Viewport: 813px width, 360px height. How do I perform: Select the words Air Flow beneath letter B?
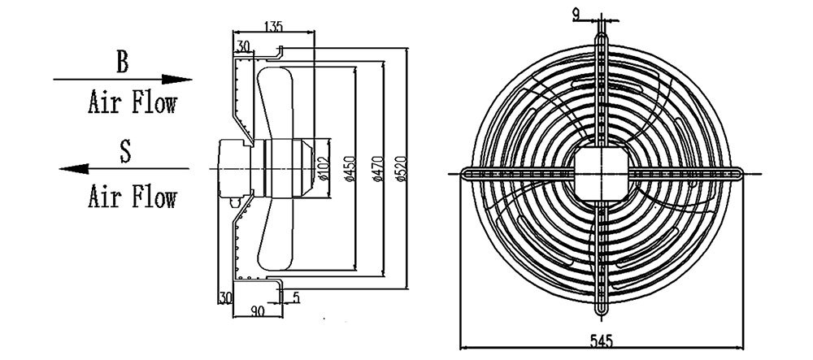pos(132,104)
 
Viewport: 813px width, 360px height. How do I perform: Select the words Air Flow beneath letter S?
pos(132,196)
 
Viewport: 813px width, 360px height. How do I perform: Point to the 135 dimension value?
pos(274,27)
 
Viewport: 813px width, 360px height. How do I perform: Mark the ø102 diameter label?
pos(322,166)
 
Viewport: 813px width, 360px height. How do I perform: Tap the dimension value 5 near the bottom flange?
pos(296,298)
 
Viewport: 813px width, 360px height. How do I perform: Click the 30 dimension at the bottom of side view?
pos(224,298)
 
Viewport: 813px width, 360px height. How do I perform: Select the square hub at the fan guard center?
pos(602,172)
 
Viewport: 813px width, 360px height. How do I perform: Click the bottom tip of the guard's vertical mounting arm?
pos(602,314)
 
